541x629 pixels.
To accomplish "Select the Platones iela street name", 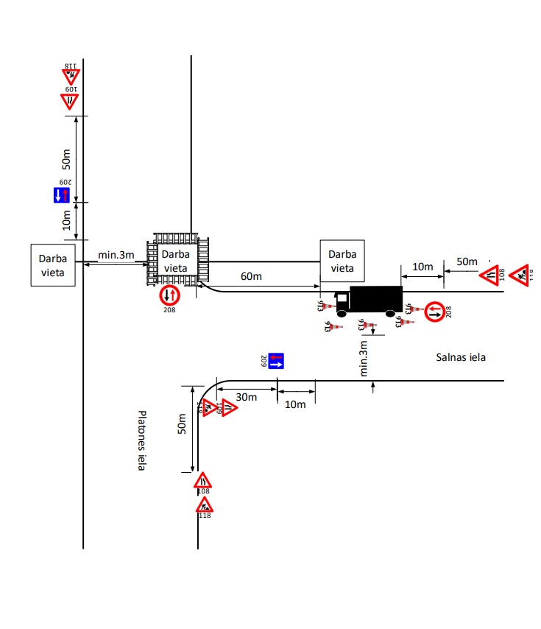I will (x=142, y=440).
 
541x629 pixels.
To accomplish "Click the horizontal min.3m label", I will (x=116, y=256).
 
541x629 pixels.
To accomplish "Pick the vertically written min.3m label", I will (x=363, y=359).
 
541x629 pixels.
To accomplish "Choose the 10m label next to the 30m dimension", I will (x=295, y=404).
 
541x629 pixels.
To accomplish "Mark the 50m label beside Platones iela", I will (x=183, y=424).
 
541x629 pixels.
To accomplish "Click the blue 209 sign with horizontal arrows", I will (x=276, y=361).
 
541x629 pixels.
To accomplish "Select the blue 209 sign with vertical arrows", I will (x=62, y=194).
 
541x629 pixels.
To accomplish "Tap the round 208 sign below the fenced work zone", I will (x=169, y=295).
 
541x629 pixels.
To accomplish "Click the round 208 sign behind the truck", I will (x=434, y=311).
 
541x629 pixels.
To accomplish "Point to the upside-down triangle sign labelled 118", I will (x=71, y=76).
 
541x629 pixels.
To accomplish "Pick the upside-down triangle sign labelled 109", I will (x=69, y=99).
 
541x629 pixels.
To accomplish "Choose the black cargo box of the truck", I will (x=375, y=298).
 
